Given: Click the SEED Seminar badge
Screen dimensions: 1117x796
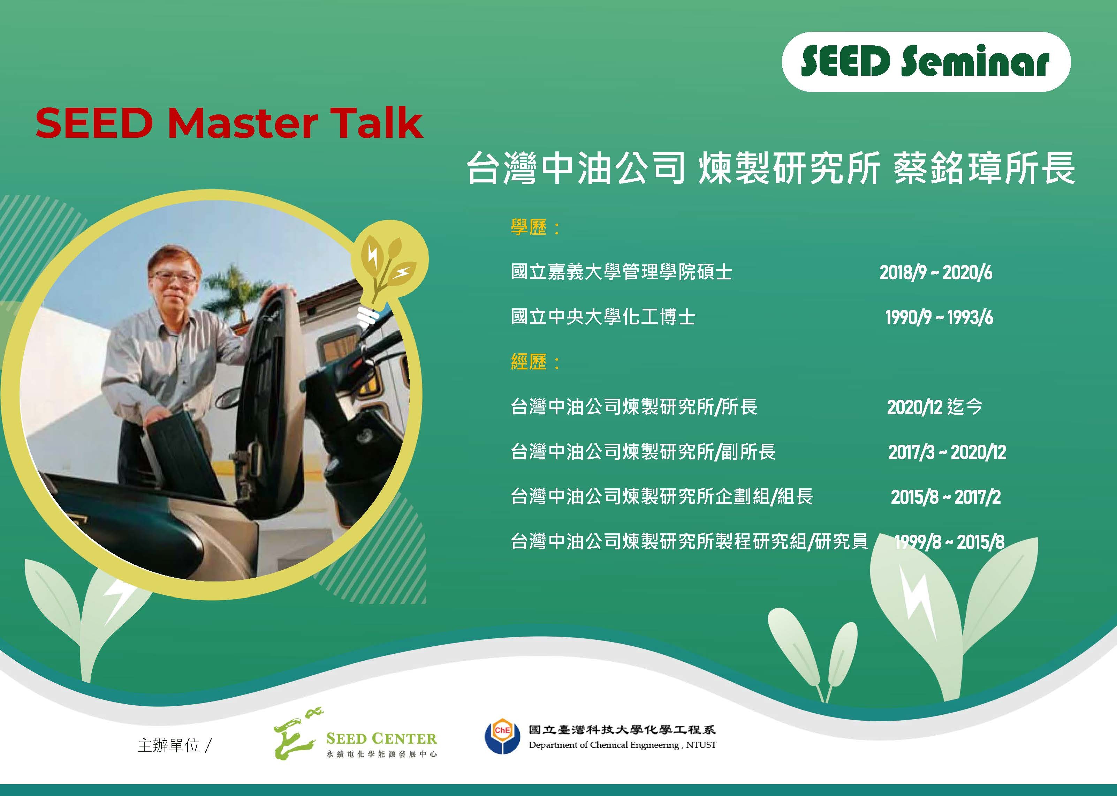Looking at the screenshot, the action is (926, 62).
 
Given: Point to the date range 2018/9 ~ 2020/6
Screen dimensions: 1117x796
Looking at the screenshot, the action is (936, 272).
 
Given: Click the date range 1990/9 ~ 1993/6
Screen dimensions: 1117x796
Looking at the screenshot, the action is (939, 318).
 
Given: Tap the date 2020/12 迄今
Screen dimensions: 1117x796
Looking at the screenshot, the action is (935, 407).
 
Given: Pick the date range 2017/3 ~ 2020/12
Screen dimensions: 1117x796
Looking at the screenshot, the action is (947, 452).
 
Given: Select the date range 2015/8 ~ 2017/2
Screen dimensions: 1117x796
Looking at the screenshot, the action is (945, 497).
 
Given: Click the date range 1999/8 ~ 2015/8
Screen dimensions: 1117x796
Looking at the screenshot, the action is (949, 542).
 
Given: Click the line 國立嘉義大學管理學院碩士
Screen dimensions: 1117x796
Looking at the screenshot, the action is (622, 272).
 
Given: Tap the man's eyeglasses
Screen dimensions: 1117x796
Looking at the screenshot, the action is (174, 277).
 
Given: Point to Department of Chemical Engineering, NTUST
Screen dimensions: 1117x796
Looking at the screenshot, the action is (622, 745).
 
